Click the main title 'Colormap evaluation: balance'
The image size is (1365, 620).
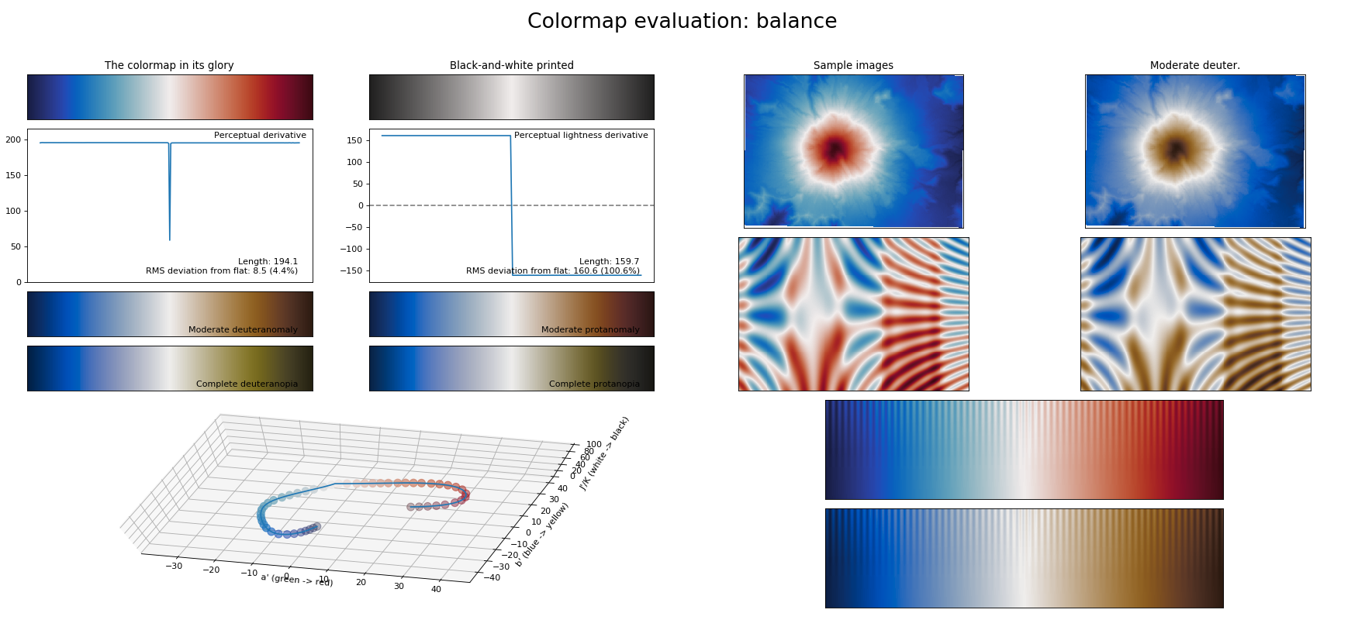(682, 22)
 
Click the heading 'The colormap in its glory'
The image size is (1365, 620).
(169, 66)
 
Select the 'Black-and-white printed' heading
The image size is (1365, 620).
(512, 66)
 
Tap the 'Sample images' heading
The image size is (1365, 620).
(853, 66)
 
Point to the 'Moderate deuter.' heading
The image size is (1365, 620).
(1194, 66)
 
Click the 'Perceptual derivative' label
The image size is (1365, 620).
(260, 136)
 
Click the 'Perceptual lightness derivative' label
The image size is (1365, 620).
(581, 136)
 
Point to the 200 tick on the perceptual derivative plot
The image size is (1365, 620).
(13, 140)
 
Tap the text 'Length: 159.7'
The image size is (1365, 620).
(609, 262)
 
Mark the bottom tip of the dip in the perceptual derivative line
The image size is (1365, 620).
(170, 239)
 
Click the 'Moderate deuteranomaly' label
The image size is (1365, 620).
(243, 330)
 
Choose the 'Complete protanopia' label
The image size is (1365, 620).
(594, 384)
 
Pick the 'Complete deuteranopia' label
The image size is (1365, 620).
(247, 384)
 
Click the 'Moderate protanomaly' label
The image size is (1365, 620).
(590, 330)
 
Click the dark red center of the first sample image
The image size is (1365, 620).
(835, 148)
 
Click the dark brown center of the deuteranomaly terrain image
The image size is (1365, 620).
(1177, 148)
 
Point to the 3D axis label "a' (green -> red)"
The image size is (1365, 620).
(297, 580)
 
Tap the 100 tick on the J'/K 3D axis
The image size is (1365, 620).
(594, 445)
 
